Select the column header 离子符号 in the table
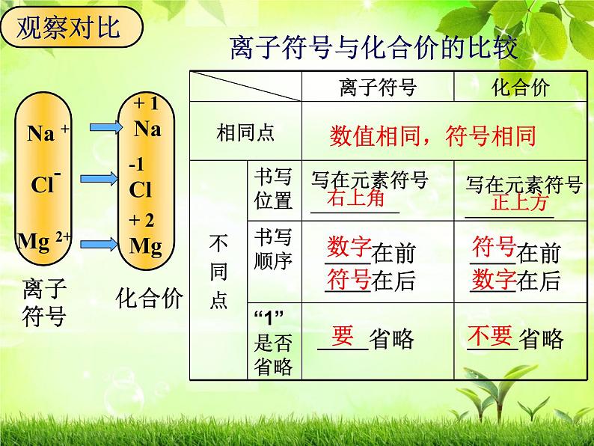(x=377, y=87)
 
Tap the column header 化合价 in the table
(x=520, y=87)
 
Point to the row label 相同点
(x=245, y=132)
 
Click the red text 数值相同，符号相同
(x=432, y=136)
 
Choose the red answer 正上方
(x=520, y=202)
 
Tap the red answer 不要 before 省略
(x=492, y=335)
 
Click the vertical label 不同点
(x=218, y=272)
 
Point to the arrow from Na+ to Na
(x=97, y=128)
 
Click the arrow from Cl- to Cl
(x=97, y=178)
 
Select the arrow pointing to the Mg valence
(x=97, y=242)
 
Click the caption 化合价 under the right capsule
(x=150, y=299)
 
